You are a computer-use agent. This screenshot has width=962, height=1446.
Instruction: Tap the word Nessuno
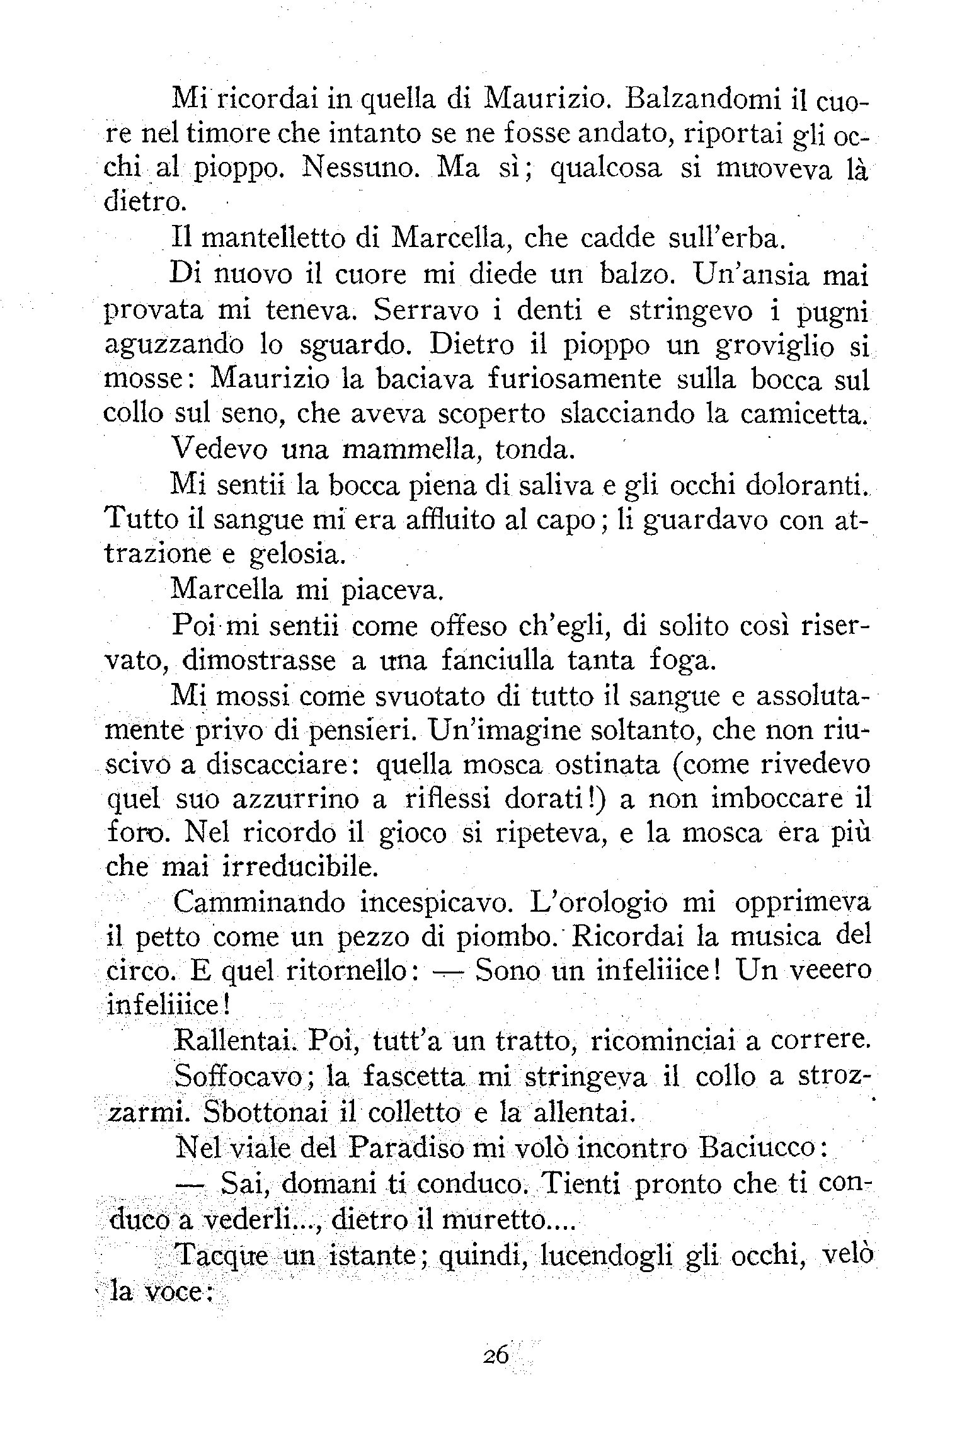point(362,169)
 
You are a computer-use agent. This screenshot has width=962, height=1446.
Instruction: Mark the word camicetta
point(805,414)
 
